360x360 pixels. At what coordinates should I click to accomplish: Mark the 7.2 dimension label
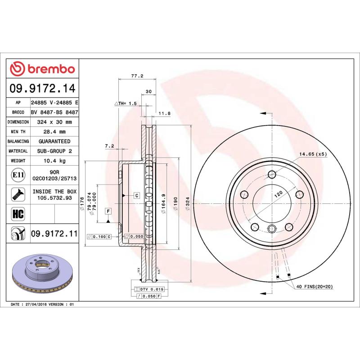(x=109, y=146)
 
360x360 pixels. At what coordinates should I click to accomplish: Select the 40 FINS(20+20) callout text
(x=314, y=287)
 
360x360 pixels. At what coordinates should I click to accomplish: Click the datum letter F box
(x=108, y=211)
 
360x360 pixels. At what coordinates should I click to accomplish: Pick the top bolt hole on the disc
(x=272, y=175)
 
